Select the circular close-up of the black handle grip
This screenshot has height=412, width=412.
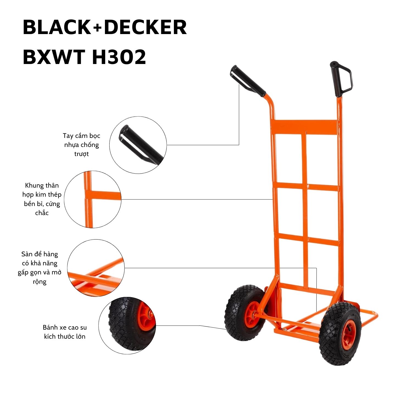click(138, 145)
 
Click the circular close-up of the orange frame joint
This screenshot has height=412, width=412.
click(93, 199)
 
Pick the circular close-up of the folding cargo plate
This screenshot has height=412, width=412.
click(96, 268)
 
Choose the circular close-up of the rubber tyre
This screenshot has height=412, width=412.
click(127, 325)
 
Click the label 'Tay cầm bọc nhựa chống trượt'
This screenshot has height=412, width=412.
click(82, 145)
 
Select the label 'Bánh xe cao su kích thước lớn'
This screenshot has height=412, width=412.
click(65, 332)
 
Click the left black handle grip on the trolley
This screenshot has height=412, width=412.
click(248, 81)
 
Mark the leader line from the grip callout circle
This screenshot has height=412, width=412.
click(203, 145)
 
